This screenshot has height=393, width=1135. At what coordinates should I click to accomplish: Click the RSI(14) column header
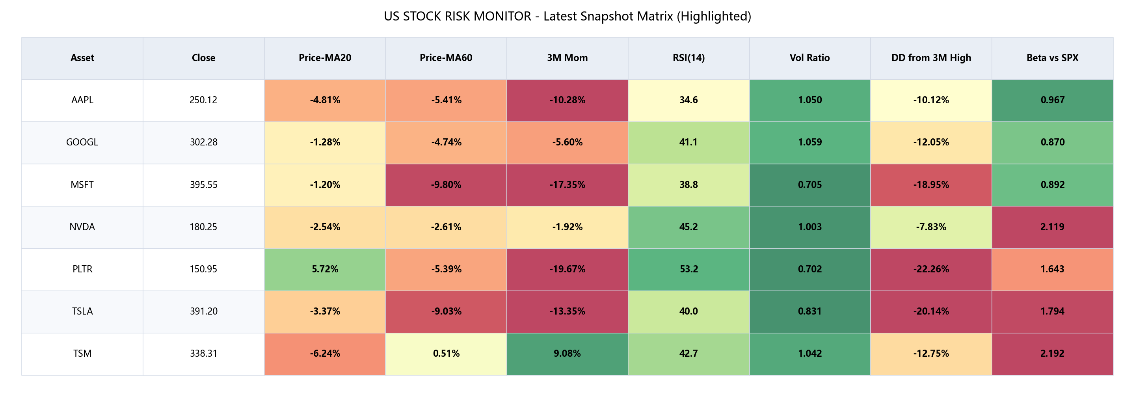tap(688, 58)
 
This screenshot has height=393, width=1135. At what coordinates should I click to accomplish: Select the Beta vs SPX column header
tap(1052, 58)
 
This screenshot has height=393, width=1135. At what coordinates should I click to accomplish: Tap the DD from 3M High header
tap(931, 58)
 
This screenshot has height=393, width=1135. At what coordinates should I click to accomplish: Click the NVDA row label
tap(82, 227)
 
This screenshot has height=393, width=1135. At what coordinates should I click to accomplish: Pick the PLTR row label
tap(82, 269)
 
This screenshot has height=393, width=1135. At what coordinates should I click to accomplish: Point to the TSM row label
tap(82, 353)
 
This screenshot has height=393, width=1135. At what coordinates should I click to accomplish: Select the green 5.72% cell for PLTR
tap(325, 269)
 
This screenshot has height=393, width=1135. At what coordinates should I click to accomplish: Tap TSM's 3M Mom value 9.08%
tap(567, 353)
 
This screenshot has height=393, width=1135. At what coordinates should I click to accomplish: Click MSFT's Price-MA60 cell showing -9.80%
tap(446, 184)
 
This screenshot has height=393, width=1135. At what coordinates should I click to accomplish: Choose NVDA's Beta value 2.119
tap(1052, 227)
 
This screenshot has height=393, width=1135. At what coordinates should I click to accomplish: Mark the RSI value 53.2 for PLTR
tap(688, 269)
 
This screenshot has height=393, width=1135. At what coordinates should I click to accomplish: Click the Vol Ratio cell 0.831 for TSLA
tap(809, 311)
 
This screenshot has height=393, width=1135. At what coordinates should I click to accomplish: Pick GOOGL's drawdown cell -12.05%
tap(931, 142)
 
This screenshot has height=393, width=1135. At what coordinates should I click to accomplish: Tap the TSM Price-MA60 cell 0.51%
tap(446, 353)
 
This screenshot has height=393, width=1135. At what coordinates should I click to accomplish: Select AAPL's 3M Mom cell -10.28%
tap(567, 100)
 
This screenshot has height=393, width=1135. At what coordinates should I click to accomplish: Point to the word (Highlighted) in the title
tap(714, 16)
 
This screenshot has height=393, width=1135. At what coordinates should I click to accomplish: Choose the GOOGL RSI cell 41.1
tap(688, 142)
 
